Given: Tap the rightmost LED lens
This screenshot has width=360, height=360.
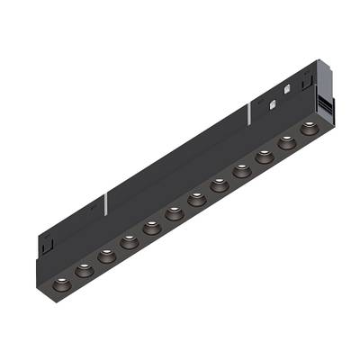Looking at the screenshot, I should pyautogui.click(x=309, y=126).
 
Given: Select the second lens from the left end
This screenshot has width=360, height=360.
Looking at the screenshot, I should pyautogui.click(x=84, y=267).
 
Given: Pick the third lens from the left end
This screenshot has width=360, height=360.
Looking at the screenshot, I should pyautogui.click(x=105, y=256).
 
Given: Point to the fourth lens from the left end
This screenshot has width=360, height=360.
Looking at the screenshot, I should pyautogui.click(x=129, y=239).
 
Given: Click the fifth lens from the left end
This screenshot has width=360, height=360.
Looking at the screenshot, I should pyautogui.click(x=151, y=227).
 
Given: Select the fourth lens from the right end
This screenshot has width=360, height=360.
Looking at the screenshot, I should pyautogui.click(x=241, y=169).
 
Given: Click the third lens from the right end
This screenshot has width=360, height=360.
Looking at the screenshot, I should pyautogui.click(x=265, y=157).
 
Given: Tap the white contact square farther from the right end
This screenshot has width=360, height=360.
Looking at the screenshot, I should pyautogui.click(x=270, y=102).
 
